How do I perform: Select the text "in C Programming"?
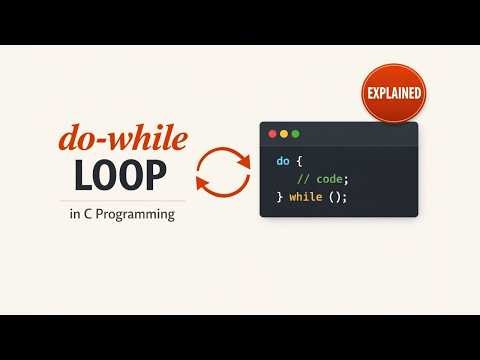click(122, 214)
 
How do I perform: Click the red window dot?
click(270, 132)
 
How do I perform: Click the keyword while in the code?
click(305, 197)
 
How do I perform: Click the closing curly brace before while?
click(280, 197)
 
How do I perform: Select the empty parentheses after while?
click(335, 197)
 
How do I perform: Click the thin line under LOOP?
click(121, 200)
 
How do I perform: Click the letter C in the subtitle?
click(87, 214)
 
